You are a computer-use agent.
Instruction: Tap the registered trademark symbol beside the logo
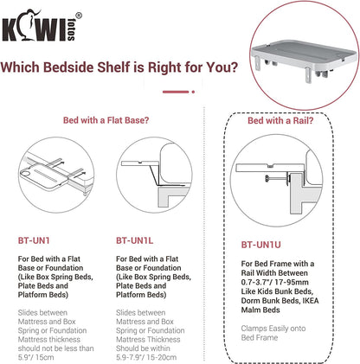[79, 16]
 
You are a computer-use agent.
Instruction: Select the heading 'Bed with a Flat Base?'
[106, 120]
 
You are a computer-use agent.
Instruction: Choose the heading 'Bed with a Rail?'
[280, 120]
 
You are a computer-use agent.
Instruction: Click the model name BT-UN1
[34, 240]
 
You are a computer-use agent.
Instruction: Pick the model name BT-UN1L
[134, 240]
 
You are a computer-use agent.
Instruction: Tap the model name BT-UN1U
[260, 245]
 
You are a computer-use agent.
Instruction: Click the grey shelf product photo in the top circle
[305, 59]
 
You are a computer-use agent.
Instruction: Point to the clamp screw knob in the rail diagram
[267, 179]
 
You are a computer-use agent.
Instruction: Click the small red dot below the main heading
[193, 92]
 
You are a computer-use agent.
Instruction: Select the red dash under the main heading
[176, 92]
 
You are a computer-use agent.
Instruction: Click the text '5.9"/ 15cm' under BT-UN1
[35, 357]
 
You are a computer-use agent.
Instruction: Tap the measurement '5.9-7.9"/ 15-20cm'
[146, 357]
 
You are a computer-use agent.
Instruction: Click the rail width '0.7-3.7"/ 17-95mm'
[274, 282]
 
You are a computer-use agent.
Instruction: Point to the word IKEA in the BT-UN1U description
[311, 301]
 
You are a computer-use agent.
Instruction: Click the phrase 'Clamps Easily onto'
[273, 329]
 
